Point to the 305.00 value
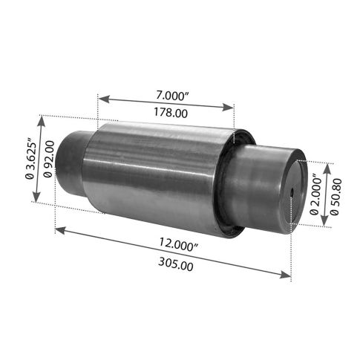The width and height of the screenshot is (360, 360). coord(177,264)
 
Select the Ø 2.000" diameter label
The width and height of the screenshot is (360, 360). coord(315,195)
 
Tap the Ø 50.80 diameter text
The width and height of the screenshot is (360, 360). coord(336,194)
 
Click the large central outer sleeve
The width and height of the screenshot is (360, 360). coord(156,174)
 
